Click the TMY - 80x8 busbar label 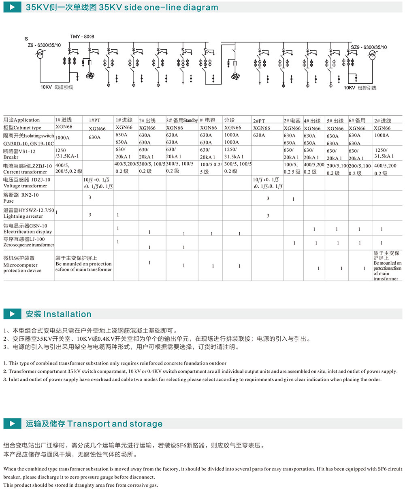(x=82, y=37)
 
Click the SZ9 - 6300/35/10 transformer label (x=369, y=47)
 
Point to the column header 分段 (x=229, y=120)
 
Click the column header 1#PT (x=95, y=121)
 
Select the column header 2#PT (x=259, y=121)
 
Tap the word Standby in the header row (x=190, y=120)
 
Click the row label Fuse (x=9, y=201)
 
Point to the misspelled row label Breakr (x=11, y=157)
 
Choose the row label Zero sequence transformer (x=28, y=245)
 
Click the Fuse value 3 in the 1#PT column (x=90, y=197)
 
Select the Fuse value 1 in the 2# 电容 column (x=293, y=199)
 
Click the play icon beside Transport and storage (x=13, y=424)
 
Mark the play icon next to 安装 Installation (x=13, y=314)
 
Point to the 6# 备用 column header (x=357, y=121)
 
